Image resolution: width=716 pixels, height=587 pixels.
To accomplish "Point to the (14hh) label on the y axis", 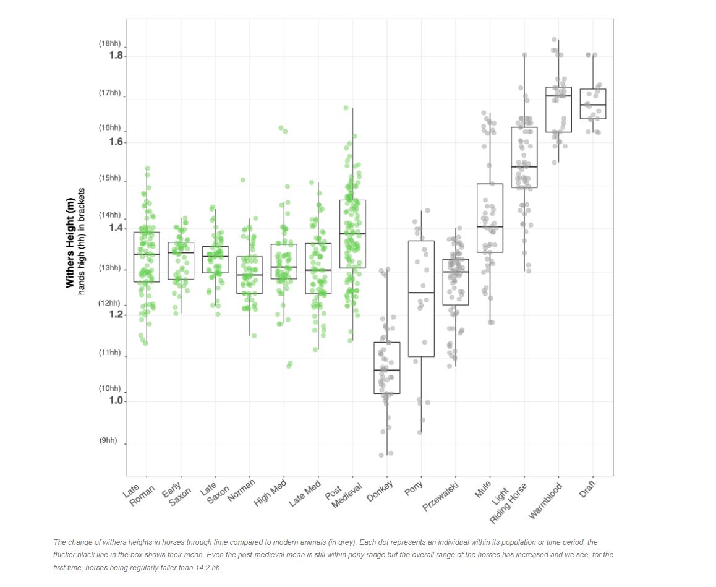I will (x=110, y=215).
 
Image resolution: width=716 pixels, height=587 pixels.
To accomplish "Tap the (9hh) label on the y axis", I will (x=108, y=440).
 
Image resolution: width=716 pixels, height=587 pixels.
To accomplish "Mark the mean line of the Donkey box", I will (x=387, y=370).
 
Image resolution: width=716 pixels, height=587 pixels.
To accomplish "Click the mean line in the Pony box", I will (x=421, y=292).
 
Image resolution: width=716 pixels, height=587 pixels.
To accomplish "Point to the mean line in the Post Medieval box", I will (x=352, y=233).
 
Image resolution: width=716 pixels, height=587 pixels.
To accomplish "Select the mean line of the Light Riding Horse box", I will (x=524, y=166).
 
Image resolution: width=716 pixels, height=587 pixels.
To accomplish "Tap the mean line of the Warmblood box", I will (x=558, y=96).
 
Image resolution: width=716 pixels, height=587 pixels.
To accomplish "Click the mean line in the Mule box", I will (x=490, y=226).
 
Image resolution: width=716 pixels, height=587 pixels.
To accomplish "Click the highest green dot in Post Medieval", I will (x=346, y=108).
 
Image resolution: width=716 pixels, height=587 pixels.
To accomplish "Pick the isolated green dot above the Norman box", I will (x=243, y=180).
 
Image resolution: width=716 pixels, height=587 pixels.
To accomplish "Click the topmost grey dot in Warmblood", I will (x=555, y=40).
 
